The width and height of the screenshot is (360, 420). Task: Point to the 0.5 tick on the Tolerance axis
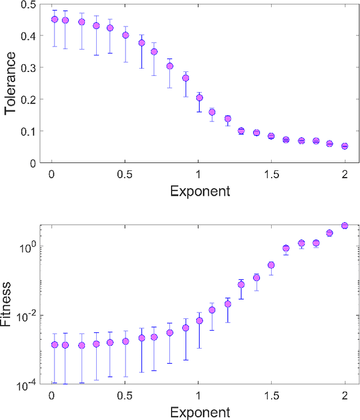pyautogui.click(x=28, y=4)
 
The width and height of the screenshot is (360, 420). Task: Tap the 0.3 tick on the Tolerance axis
pyautogui.click(x=28, y=67)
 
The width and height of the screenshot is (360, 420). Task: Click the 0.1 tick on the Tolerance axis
pyautogui.click(x=28, y=132)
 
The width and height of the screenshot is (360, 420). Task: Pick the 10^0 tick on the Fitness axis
pyautogui.click(x=27, y=247)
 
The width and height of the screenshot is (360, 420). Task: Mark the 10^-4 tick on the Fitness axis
pyautogui.click(x=27, y=385)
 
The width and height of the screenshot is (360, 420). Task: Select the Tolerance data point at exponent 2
pyautogui.click(x=345, y=146)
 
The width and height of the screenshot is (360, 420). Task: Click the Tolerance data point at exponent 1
pyautogui.click(x=199, y=98)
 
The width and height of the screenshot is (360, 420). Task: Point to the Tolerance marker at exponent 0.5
pyautogui.click(x=125, y=35)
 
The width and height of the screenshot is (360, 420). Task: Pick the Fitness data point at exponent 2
pyautogui.click(x=345, y=225)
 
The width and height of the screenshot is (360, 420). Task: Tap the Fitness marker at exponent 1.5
pyautogui.click(x=271, y=265)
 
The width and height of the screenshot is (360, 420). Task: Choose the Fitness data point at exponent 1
pyautogui.click(x=199, y=320)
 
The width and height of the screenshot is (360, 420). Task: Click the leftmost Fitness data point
pyautogui.click(x=55, y=345)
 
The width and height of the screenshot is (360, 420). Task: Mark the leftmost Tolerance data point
pyautogui.click(x=55, y=19)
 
